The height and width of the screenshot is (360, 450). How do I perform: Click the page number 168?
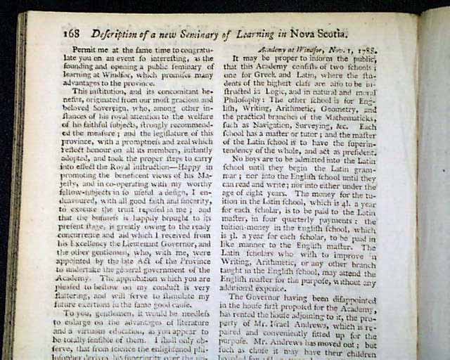(73, 32)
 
